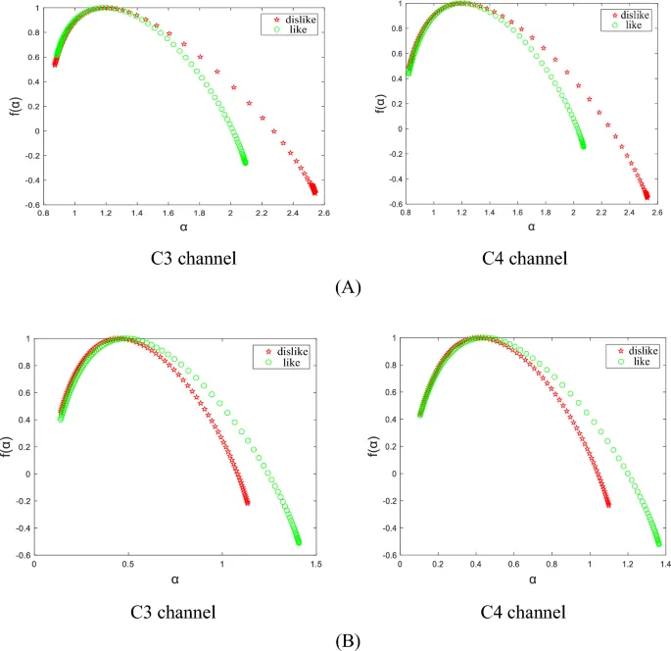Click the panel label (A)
point(348,288)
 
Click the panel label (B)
point(348,642)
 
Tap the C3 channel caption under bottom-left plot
point(172,613)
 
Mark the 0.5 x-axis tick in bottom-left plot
point(128,565)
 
